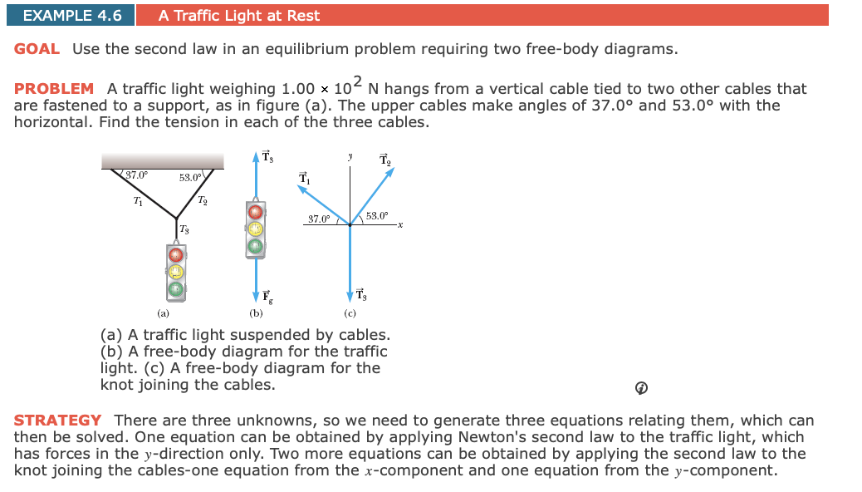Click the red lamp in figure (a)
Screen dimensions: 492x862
click(175, 254)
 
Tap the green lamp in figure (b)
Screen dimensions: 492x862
click(256, 245)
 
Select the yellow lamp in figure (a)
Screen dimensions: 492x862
click(175, 272)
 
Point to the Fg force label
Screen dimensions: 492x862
click(267, 295)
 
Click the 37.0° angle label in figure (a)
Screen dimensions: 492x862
click(136, 175)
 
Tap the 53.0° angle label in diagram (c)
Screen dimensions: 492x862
click(376, 216)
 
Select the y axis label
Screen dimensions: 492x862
click(350, 155)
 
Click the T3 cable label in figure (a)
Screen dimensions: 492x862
click(184, 229)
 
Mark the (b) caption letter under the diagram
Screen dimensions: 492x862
click(257, 314)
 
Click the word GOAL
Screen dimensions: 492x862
click(37, 49)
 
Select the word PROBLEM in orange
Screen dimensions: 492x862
click(54, 89)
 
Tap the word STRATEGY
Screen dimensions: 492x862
click(57, 421)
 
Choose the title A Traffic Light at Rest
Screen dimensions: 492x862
click(239, 15)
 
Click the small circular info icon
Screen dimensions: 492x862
click(641, 388)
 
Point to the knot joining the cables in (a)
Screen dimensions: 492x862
click(176, 218)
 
